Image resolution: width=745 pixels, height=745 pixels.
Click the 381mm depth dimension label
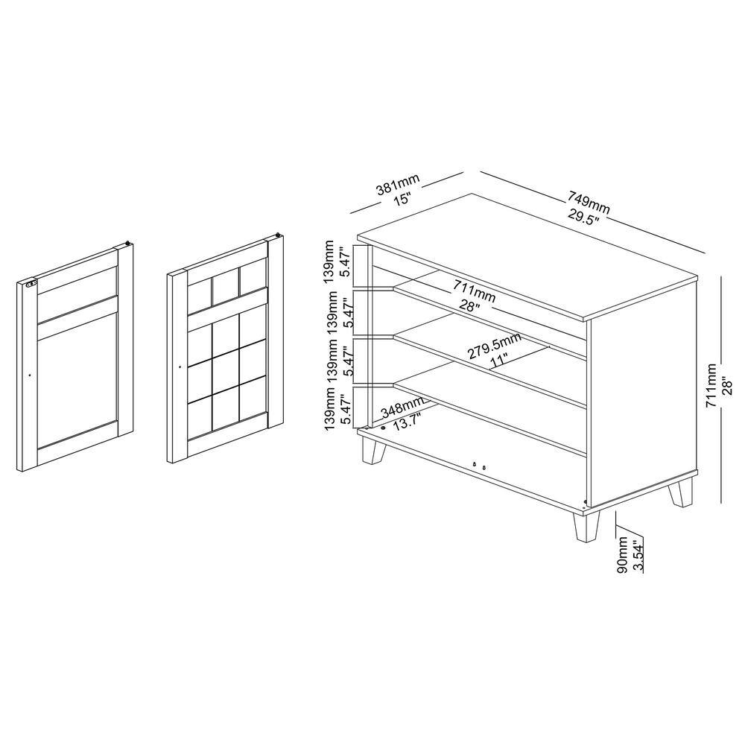pos(398,185)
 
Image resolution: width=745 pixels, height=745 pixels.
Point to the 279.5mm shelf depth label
pos(494,346)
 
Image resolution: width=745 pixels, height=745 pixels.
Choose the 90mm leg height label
pos(623,554)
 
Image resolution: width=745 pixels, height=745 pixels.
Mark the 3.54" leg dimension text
pos(638,554)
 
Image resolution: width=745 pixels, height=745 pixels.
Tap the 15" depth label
pos(402,199)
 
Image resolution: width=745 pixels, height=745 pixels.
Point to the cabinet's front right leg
pos(586,527)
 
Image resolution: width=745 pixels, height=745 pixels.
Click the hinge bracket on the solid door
pos(31,285)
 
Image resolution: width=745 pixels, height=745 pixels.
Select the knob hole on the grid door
pos(180,367)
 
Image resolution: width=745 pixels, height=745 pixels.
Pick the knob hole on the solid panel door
pos(30,375)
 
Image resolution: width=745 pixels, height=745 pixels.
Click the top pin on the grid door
pos(278,234)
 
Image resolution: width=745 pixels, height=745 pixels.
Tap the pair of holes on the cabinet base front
pos(479,466)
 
